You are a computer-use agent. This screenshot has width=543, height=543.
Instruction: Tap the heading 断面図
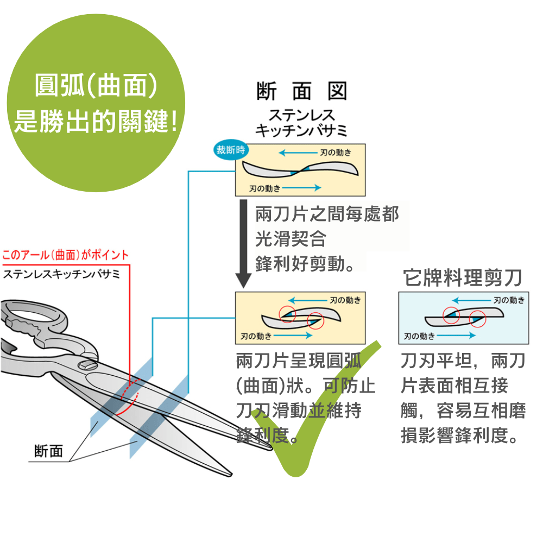(x=301, y=92)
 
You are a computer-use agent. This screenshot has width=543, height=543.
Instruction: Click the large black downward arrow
(x=244, y=244)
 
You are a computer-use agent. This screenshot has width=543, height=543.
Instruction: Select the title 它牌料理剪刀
(x=463, y=278)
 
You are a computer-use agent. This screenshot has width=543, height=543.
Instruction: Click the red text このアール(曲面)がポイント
(x=65, y=255)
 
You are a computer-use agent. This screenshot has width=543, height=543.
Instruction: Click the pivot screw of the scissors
(x=86, y=366)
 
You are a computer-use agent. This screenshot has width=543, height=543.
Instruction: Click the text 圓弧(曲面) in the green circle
(x=96, y=86)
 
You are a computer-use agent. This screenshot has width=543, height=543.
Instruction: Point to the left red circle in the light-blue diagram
(x=451, y=315)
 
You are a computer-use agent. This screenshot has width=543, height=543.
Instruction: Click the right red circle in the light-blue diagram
(x=477, y=318)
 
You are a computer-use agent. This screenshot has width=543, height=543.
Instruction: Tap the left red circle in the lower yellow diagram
(x=287, y=313)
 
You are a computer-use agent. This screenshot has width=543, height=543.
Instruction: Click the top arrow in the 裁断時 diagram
(x=299, y=153)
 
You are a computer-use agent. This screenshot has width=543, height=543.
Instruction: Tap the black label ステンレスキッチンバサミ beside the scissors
(x=61, y=274)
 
